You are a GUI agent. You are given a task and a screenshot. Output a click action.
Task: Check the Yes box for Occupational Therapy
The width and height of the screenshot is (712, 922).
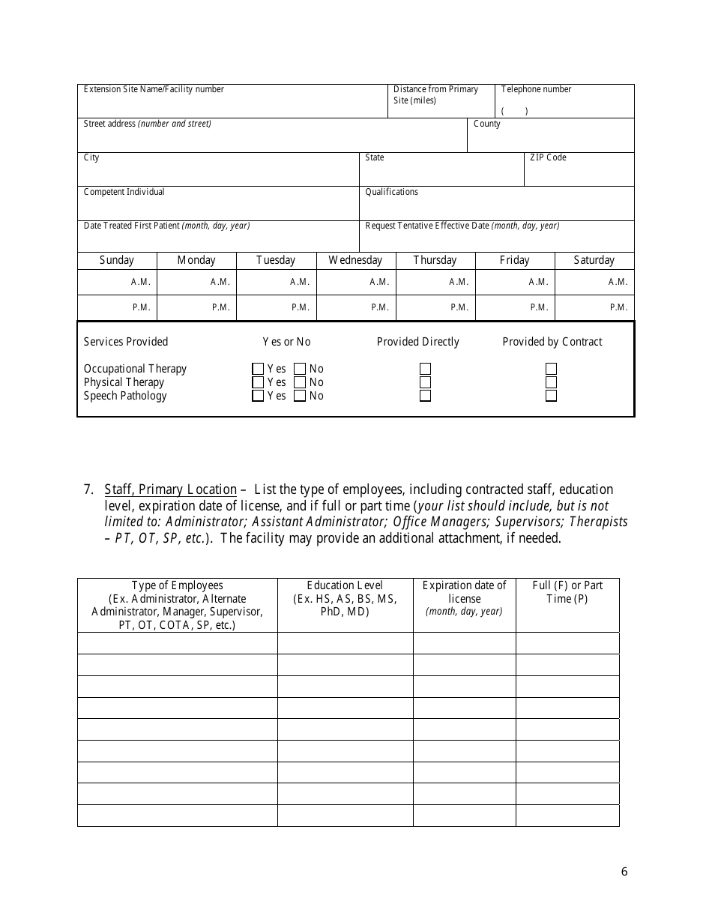pyautogui.click(x=258, y=369)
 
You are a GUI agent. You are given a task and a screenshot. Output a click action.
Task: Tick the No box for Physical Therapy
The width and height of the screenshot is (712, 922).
pyautogui.click(x=300, y=382)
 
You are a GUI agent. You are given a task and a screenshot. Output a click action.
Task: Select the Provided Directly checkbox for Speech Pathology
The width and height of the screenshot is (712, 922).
pyautogui.click(x=425, y=396)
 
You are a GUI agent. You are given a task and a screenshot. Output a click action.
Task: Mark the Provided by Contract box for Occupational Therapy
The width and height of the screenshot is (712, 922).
pyautogui.click(x=551, y=369)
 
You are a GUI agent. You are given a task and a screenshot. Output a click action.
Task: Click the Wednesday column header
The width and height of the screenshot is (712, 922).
pyautogui.click(x=355, y=260)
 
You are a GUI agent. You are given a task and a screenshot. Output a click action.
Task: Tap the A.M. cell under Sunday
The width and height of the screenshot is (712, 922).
pyautogui.click(x=117, y=282)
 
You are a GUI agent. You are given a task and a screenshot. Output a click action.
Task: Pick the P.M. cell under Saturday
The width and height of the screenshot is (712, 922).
pyautogui.click(x=594, y=307)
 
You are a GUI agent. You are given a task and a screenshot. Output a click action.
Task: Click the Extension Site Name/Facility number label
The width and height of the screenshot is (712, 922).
pyautogui.click(x=154, y=89)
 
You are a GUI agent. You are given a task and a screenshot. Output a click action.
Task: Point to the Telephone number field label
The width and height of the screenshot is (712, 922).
pyautogui.click(x=536, y=89)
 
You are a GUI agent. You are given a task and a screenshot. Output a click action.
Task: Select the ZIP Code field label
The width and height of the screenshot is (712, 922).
pyautogui.click(x=548, y=157)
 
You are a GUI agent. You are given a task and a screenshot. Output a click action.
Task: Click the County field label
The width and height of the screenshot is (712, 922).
pyautogui.click(x=486, y=124)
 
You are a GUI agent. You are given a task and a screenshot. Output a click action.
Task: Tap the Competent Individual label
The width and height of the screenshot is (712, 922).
pyautogui.click(x=124, y=192)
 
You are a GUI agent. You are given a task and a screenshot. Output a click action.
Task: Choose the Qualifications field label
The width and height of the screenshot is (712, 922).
pyautogui.click(x=391, y=192)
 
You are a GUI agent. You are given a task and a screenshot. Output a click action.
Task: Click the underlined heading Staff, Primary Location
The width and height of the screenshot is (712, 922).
pyautogui.click(x=171, y=489)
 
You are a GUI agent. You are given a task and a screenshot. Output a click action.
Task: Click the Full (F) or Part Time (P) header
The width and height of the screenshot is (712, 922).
pyautogui.click(x=567, y=592)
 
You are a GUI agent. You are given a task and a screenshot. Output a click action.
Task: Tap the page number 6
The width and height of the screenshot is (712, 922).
pyautogui.click(x=624, y=871)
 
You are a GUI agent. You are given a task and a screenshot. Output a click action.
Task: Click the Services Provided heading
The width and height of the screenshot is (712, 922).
pyautogui.click(x=126, y=342)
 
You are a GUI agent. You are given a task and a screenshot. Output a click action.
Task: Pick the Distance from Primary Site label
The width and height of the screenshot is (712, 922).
pyautogui.click(x=435, y=94)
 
